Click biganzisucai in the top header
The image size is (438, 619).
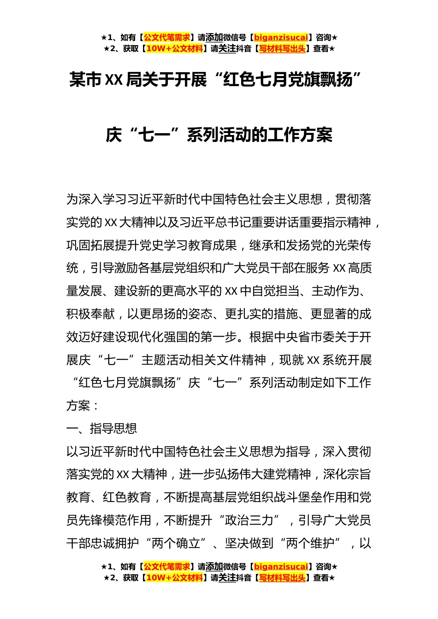(x=281, y=38)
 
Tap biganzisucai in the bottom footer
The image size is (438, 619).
(x=281, y=567)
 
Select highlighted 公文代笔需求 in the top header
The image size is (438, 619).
(x=167, y=38)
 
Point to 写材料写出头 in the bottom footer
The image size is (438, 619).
(x=282, y=578)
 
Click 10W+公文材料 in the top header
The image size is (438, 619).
(x=174, y=49)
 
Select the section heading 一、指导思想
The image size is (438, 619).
(x=101, y=429)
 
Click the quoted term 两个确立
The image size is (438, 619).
(x=175, y=543)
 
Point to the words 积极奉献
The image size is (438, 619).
(x=90, y=314)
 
